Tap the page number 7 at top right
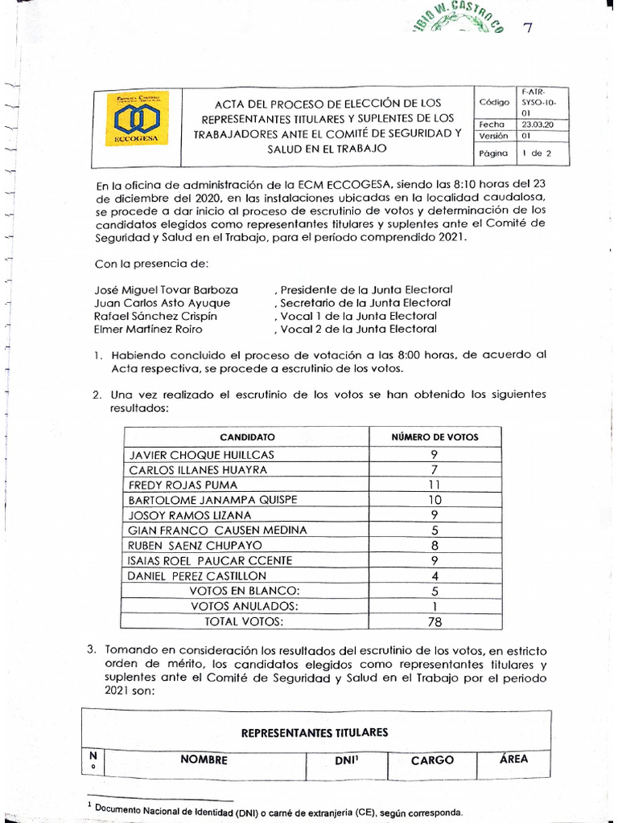coord(527,28)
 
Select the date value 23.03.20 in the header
coord(540,125)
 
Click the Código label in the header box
coord(495,102)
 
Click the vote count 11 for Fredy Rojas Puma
coord(434,485)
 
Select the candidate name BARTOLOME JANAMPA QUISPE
coord(213,500)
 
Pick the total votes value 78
coord(434,621)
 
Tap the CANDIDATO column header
coord(247,437)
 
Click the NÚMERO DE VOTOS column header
coord(435,437)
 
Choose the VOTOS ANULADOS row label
coord(244,606)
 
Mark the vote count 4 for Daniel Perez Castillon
coord(434,575)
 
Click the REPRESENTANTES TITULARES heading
coord(315,732)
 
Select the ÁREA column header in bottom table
coord(513,759)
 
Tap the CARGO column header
coord(432,760)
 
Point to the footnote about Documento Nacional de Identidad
coord(278,810)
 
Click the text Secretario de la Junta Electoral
coord(364,303)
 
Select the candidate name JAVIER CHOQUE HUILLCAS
coord(202,454)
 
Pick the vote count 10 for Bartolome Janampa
coord(434,500)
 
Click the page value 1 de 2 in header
coord(532,152)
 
